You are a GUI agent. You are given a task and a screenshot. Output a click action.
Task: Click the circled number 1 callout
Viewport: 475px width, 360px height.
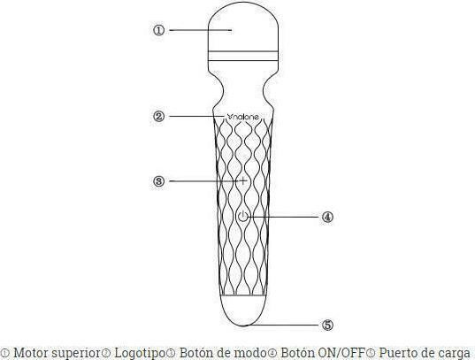[x=158, y=30]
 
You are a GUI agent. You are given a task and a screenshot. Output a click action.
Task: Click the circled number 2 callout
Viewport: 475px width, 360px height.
[x=158, y=117]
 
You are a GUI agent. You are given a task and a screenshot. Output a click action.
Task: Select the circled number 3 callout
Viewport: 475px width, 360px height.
[x=158, y=181]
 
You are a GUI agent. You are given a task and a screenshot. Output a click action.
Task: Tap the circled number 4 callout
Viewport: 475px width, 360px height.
[x=327, y=217]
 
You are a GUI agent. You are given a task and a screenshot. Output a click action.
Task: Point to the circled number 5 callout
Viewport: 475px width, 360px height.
[x=327, y=325]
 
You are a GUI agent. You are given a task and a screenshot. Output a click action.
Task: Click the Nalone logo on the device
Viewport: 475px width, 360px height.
[x=243, y=117]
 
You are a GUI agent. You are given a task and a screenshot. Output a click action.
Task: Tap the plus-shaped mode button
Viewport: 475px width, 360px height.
[x=243, y=181]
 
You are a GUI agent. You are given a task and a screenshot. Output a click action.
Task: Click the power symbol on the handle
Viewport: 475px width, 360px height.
[x=243, y=217]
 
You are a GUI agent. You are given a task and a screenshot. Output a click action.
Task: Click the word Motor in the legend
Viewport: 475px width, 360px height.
[x=31, y=353]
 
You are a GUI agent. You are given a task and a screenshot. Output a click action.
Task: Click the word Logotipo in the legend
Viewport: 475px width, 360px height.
[x=140, y=353]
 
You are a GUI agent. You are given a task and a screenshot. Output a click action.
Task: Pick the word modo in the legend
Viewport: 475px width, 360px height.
[x=251, y=353]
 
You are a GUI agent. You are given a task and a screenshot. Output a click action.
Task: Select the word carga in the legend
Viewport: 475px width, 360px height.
[x=454, y=354]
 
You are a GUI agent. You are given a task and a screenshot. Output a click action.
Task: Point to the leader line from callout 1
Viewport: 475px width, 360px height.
[x=201, y=30]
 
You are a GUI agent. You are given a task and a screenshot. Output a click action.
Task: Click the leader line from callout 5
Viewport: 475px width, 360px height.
[x=282, y=325]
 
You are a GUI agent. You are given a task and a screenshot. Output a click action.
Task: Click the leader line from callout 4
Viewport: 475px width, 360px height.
[x=284, y=217]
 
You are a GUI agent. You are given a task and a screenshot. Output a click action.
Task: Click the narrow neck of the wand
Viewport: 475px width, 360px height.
[x=243, y=90]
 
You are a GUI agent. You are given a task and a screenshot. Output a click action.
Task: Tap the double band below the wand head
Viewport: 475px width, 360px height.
[x=243, y=56]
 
